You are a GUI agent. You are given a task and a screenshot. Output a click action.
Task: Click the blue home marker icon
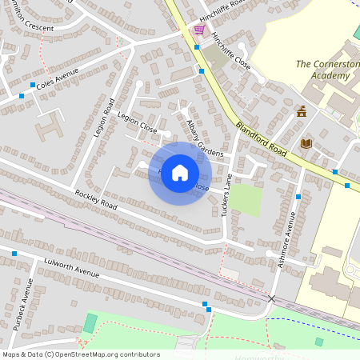click(x=180, y=173)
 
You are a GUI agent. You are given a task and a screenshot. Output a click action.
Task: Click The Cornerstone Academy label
click(x=323, y=70)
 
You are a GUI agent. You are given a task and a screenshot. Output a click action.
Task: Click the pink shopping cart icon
click(x=198, y=30)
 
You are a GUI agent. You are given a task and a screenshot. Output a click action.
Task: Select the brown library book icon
click(x=306, y=143)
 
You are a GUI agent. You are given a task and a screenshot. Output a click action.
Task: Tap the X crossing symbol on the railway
click(x=271, y=298)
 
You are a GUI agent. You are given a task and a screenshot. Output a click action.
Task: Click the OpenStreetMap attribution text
click(x=80, y=354)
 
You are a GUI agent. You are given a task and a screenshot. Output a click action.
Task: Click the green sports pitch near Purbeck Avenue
click(x=90, y=323)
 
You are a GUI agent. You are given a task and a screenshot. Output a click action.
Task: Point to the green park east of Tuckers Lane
click(x=247, y=200)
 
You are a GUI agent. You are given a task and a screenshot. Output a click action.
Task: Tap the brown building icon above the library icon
click(x=302, y=112)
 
